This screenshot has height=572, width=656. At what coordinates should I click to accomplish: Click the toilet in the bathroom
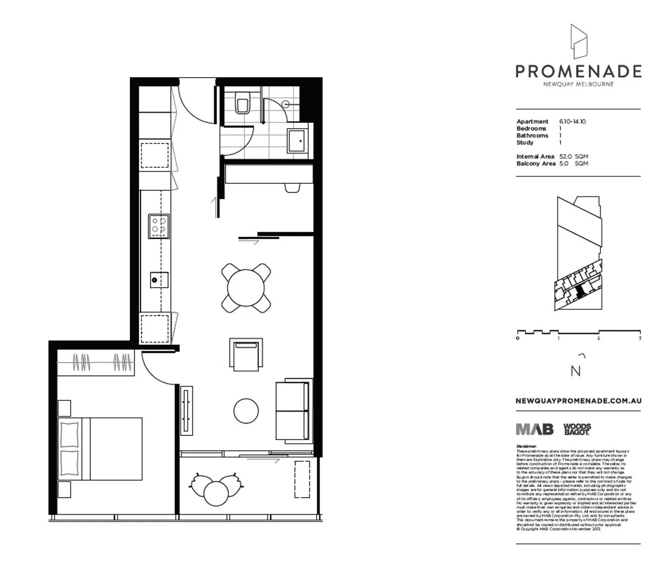[x=243, y=102]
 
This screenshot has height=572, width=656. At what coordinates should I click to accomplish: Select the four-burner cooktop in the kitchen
[x=159, y=225]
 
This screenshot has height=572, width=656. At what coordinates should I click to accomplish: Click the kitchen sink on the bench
[x=158, y=278]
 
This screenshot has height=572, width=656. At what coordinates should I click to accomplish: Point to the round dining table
[x=246, y=288]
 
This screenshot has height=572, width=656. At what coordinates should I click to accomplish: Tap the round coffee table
[x=246, y=411]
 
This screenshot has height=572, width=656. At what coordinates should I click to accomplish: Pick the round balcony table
[x=216, y=492]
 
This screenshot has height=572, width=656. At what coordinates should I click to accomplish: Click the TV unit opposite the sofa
[x=187, y=410]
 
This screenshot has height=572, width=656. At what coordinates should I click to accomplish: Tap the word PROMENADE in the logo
[x=578, y=71]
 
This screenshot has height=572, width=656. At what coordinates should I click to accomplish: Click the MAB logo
[x=535, y=429]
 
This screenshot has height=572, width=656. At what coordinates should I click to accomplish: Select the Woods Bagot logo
[x=577, y=429]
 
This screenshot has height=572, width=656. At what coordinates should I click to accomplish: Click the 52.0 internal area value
[x=566, y=157]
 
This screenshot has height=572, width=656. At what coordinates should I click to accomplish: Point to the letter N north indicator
[x=575, y=371]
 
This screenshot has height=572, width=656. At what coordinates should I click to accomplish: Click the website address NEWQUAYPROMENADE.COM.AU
[x=578, y=401]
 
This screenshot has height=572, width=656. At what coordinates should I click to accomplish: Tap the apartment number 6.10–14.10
[x=572, y=122]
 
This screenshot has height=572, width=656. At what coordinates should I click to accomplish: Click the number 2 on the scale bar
[x=598, y=338]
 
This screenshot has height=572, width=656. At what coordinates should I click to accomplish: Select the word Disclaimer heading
[x=526, y=446]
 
